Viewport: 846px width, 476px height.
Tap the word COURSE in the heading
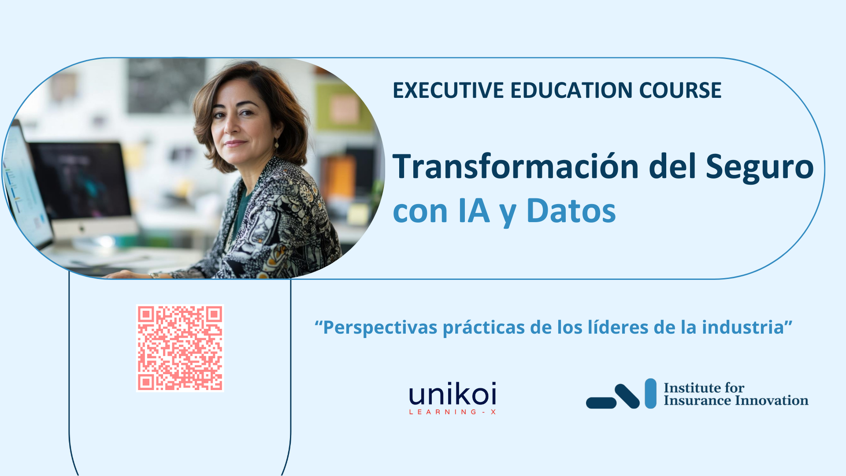click(680, 90)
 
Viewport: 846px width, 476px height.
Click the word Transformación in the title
click(516, 166)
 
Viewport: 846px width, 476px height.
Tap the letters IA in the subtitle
click(474, 211)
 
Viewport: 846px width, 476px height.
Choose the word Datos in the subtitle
click(571, 211)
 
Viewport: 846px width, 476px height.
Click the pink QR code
click(180, 348)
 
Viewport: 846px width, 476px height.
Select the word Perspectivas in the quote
click(380, 328)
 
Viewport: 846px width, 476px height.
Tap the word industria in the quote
click(743, 327)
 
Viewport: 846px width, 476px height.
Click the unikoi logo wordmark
click(453, 394)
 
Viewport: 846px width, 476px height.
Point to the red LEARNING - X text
click(453, 412)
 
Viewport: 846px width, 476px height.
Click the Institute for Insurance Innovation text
click(736, 394)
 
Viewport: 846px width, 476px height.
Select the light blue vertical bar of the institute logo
click(650, 393)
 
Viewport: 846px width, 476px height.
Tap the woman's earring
click(277, 143)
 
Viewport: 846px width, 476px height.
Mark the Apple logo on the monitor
click(81, 229)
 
